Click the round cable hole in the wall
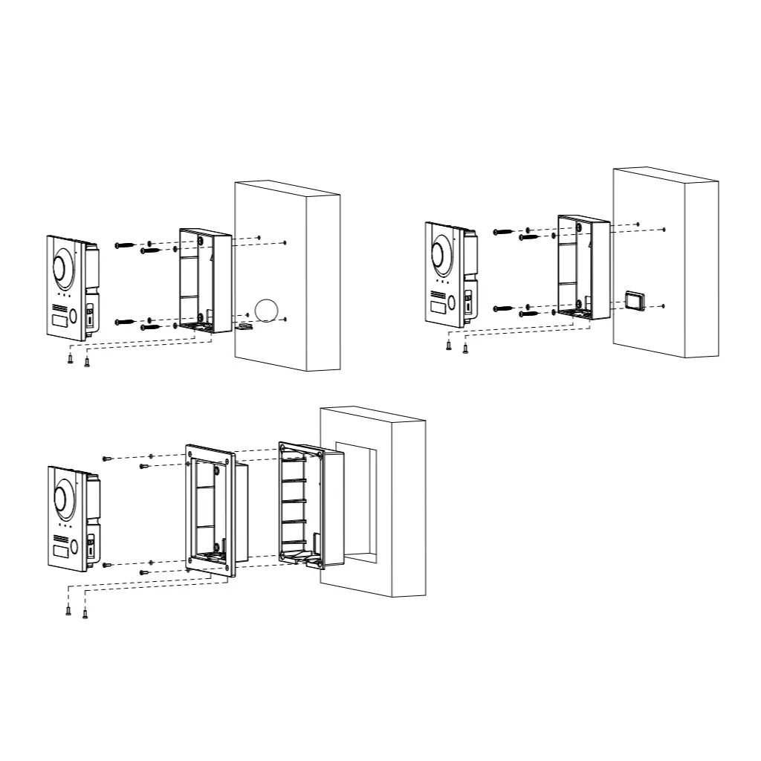[x=265, y=310]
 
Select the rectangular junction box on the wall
[x=635, y=300]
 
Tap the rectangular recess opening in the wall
[x=355, y=502]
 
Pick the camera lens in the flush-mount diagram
[x=62, y=499]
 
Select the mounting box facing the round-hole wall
[x=196, y=278]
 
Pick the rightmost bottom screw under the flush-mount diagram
[x=85, y=613]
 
